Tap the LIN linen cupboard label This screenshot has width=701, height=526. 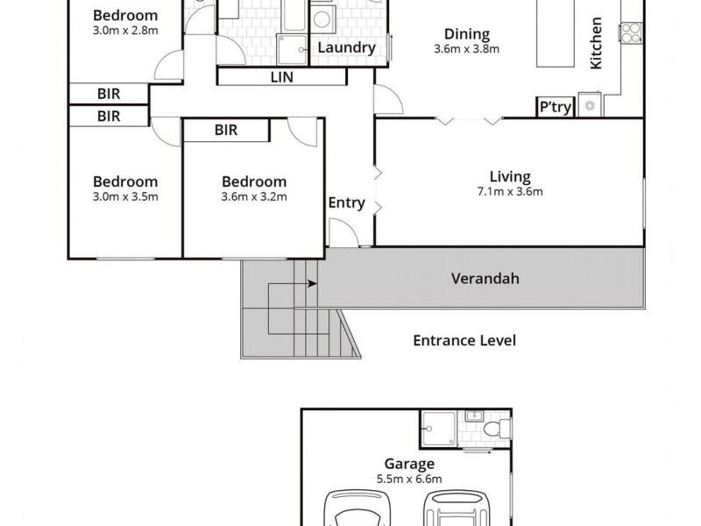[x=281, y=77]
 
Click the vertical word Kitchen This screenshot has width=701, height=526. [x=596, y=43]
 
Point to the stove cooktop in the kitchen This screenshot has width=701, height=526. [x=631, y=32]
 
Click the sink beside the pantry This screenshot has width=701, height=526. [x=591, y=106]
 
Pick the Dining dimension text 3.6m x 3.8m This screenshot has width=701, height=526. [x=466, y=49]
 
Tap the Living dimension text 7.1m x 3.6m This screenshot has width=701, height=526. [x=510, y=191]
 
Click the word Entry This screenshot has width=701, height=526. [x=346, y=203]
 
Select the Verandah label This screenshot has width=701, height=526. [x=485, y=279]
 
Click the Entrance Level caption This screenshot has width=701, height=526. [x=464, y=340]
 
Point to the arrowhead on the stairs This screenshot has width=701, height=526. [x=311, y=283]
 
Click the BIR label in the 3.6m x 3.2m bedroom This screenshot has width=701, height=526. [x=225, y=131]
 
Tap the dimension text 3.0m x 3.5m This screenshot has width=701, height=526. [x=126, y=196]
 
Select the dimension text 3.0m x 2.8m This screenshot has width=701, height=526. [x=126, y=30]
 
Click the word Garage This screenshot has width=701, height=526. [x=409, y=465]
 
